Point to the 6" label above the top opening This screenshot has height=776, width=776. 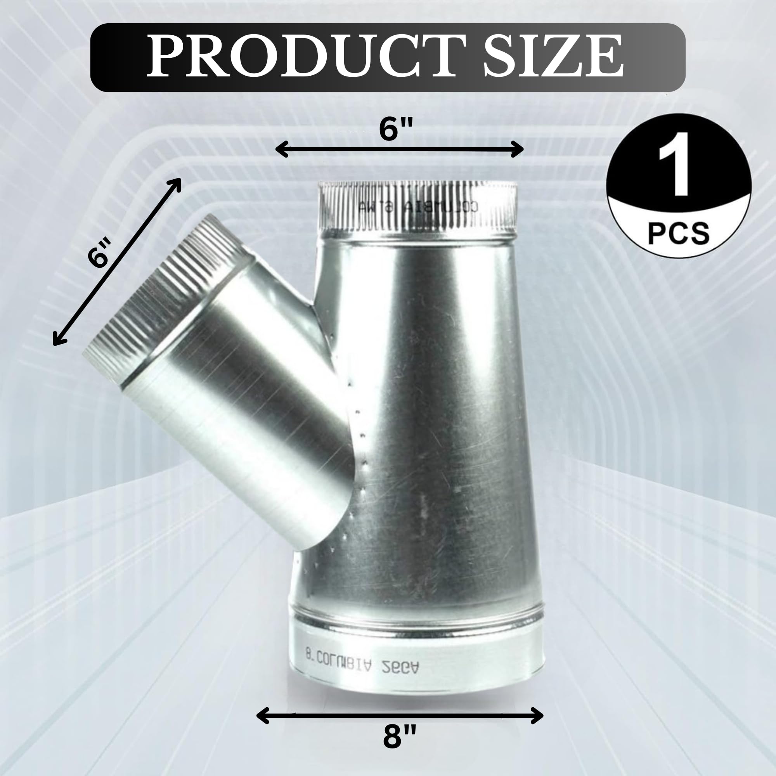point(396,130)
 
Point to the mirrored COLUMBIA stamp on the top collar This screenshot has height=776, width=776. point(418,206)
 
